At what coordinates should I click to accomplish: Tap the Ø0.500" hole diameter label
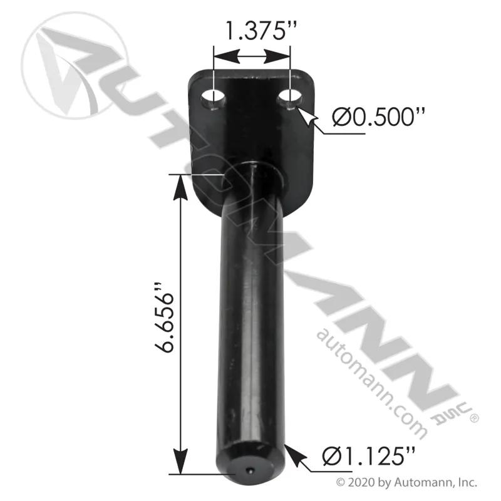click(x=379, y=117)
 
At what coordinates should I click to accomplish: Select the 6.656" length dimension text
click(x=164, y=318)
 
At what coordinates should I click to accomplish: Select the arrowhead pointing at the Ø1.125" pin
click(x=292, y=453)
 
